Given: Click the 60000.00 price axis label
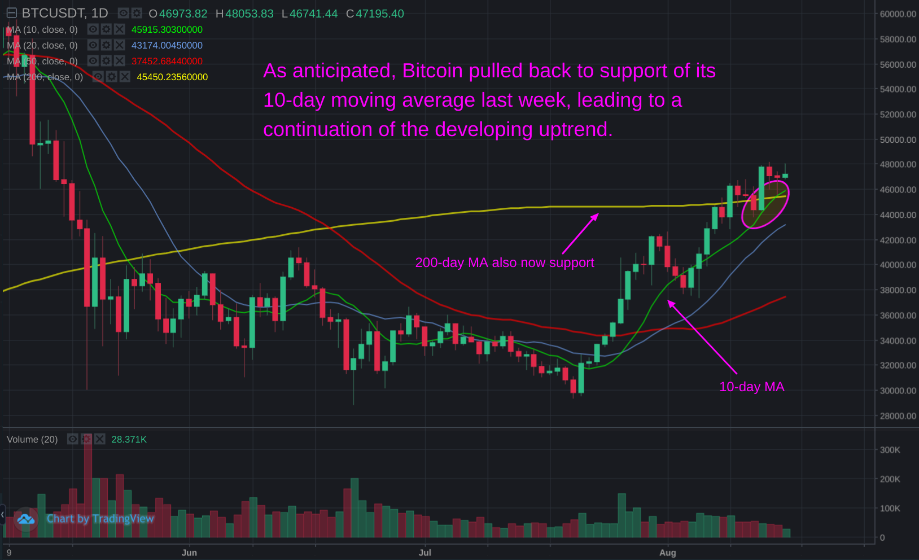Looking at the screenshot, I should point(898,14).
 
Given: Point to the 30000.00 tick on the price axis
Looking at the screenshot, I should point(898,391).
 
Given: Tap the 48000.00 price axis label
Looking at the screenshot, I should point(898,165).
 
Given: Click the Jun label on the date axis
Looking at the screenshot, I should point(189,553).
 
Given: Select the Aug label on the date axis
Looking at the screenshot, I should point(667,553).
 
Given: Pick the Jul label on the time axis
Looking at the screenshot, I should point(425,553).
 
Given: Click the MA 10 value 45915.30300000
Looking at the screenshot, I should point(167,29).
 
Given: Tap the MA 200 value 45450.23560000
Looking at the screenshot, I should point(172,77).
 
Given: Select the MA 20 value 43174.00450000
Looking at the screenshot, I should point(167,45).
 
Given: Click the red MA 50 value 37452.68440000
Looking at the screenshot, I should point(167,61).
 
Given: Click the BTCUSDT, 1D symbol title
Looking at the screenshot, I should point(64,14).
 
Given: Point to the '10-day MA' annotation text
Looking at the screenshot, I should point(751,387).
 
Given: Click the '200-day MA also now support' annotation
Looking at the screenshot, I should point(504,262).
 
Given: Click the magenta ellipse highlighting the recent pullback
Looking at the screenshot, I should point(765,204).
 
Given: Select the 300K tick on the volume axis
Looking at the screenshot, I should point(890,450).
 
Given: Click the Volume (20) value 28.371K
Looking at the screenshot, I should point(129,439).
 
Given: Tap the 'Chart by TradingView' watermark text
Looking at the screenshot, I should point(100,519).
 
